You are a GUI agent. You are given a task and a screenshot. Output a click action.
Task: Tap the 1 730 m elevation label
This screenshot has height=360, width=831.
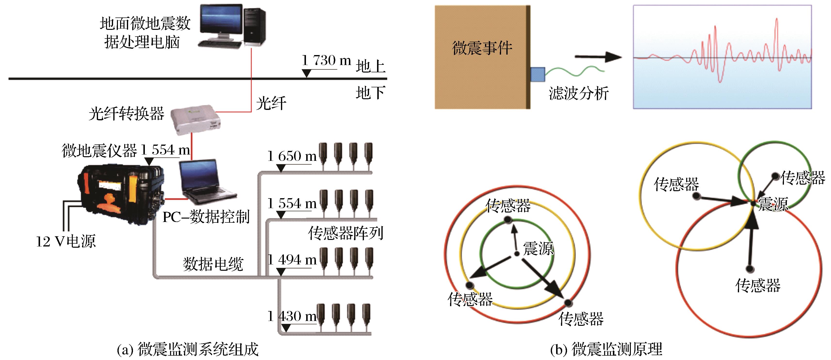(x=326, y=61)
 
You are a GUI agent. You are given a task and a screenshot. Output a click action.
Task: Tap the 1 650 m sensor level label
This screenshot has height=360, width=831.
(x=292, y=156)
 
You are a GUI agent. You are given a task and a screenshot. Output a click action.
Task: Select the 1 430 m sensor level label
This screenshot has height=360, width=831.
(x=292, y=316)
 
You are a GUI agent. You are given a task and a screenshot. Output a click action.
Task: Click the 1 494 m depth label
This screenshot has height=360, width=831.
(x=292, y=260)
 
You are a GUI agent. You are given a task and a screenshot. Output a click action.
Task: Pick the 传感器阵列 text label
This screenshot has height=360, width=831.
(x=346, y=233)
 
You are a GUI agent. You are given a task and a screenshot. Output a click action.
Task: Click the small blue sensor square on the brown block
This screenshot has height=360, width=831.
(x=537, y=74)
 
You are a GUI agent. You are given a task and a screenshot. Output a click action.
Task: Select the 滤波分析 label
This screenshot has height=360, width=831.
(x=579, y=94)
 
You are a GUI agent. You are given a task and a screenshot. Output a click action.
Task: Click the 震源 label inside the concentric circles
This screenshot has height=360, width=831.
(x=538, y=248)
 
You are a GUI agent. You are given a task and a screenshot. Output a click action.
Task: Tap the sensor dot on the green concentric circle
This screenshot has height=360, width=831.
(x=508, y=220)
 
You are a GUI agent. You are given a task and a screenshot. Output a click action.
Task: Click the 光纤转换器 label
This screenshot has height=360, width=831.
(x=126, y=114)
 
